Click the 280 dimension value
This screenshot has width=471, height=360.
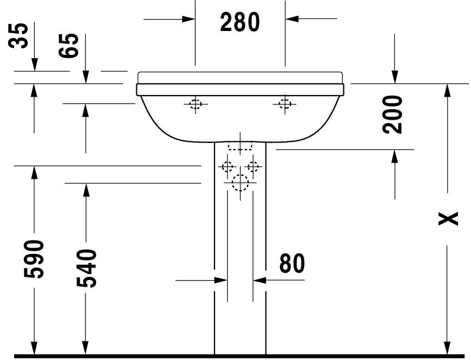tap(240, 22)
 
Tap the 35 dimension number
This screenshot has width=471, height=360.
tap(18, 35)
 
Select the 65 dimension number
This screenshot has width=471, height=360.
tap(69, 46)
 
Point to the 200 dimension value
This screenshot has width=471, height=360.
tap(392, 114)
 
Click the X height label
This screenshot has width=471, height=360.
tap(448, 219)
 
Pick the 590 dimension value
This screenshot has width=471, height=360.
tap(34, 259)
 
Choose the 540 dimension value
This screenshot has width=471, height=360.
tap(86, 268)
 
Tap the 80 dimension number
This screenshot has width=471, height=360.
tap(292, 263)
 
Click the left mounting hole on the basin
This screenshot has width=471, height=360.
tap(195, 104)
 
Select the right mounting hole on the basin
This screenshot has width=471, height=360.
tap(285, 104)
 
